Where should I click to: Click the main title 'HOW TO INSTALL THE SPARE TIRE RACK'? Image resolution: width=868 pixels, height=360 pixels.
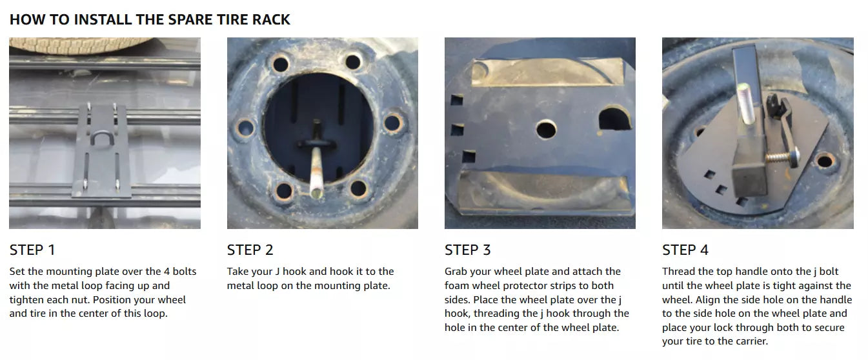coord(150,19)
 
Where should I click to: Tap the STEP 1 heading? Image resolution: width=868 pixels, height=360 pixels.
coord(32,250)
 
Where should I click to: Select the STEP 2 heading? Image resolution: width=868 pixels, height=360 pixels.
coord(250,250)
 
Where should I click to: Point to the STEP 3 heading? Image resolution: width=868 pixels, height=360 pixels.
coord(468,250)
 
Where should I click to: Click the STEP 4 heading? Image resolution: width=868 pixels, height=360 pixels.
coord(685,250)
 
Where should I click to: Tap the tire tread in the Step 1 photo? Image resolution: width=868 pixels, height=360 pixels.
coord(79,45)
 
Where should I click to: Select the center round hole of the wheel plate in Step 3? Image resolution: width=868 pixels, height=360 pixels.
coord(547,130)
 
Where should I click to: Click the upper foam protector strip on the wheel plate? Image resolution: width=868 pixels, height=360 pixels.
coord(548,72)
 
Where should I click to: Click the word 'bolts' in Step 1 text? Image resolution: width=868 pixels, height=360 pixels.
coord(185,271)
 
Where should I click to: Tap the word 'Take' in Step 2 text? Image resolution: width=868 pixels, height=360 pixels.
coord(238,271)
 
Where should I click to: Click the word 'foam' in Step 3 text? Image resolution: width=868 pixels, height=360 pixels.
coord(457,286)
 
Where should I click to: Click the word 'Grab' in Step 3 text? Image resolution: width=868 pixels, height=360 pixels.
coord(456,271)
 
